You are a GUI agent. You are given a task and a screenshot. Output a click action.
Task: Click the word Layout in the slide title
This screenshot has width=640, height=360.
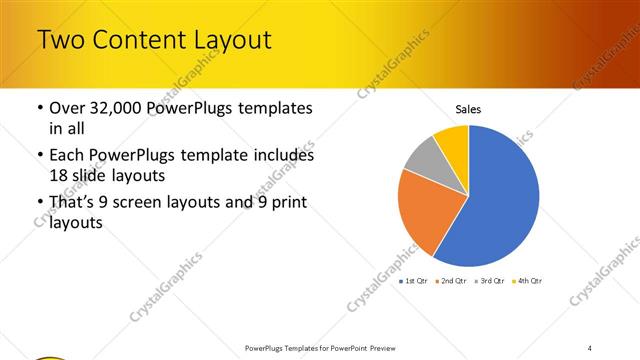tap(225, 41)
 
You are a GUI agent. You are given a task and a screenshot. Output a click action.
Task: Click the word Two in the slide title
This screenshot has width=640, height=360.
tap(61, 41)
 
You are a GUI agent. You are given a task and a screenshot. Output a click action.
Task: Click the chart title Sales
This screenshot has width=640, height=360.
tap(469, 108)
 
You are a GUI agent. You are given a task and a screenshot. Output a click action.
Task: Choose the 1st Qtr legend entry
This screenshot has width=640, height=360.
tap(415, 281)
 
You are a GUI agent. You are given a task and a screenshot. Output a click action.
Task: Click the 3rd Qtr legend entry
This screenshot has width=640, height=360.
tap(491, 281)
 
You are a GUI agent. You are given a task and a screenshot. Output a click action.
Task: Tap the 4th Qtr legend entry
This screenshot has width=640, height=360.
tap(528, 281)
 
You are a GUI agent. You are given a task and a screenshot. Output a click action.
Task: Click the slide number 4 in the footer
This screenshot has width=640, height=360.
tap(590, 347)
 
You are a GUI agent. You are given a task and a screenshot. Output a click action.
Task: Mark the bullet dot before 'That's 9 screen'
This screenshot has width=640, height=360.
tap(39, 204)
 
